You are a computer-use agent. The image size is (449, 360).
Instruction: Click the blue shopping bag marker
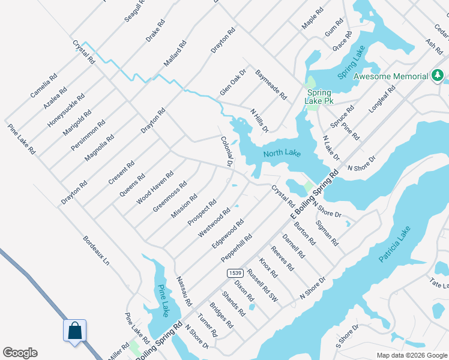(74, 331)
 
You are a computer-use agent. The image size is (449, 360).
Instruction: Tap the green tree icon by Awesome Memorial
(438, 76)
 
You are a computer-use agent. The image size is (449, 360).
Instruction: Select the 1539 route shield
(235, 273)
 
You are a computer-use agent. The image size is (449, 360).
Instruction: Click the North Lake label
(282, 154)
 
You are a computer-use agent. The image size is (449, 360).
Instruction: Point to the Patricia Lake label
(395, 244)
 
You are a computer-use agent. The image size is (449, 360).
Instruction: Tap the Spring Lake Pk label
(320, 97)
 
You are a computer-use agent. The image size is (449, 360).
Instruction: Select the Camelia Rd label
(44, 86)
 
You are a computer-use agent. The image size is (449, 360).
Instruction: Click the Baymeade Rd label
(271, 84)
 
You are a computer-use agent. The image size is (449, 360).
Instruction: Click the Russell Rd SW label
(264, 283)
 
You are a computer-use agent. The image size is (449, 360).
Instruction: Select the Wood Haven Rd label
(155, 187)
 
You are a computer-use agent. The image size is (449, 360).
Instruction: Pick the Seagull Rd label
(135, 10)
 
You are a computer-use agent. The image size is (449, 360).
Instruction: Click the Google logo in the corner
(20, 353)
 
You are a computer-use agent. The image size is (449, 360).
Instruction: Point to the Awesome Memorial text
(391, 76)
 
